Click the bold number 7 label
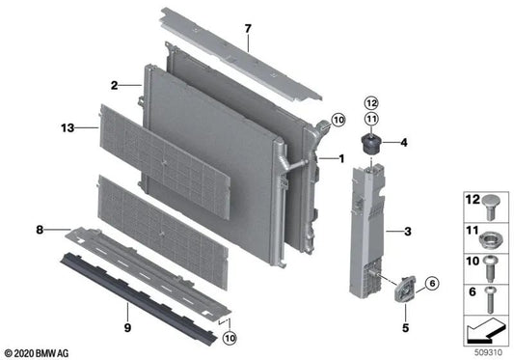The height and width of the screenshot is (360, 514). (x=248, y=29)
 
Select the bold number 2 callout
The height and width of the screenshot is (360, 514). (x=114, y=86)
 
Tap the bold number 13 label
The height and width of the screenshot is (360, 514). (x=68, y=127)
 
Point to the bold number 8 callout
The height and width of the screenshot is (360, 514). (x=40, y=230)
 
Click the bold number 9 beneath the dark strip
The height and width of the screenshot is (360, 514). (x=127, y=327)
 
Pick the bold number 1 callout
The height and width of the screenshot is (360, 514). (x=341, y=159)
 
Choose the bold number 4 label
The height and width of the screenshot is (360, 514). (x=404, y=143)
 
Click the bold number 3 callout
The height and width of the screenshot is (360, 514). (x=408, y=232)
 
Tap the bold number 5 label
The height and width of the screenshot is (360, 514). (x=405, y=327)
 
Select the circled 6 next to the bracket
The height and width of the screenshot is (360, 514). (x=432, y=283)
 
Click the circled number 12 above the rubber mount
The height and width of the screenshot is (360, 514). (x=371, y=103)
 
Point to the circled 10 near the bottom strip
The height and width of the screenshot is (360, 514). (x=230, y=338)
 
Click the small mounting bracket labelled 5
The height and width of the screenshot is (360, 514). (x=405, y=289)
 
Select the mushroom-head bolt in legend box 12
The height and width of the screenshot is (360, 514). (x=491, y=208)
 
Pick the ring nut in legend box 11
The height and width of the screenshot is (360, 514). (x=489, y=240)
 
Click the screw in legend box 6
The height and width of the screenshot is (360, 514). (x=491, y=299)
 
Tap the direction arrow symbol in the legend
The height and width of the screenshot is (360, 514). (x=484, y=330)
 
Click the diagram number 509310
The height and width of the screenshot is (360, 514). (x=488, y=352)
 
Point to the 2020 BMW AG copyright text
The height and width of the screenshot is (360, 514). (x=37, y=353)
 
